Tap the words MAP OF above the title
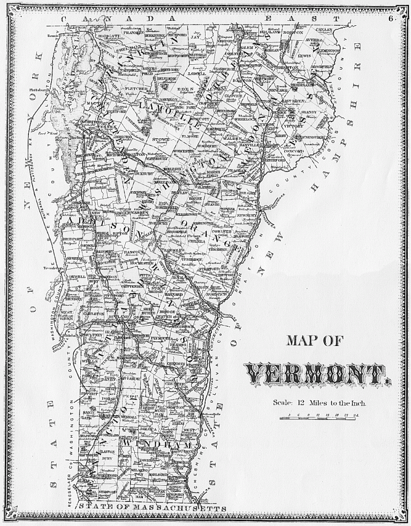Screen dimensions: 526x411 tap(316, 341)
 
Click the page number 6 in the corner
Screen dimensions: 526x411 tap(392, 18)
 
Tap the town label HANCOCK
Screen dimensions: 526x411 tap(131, 251)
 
